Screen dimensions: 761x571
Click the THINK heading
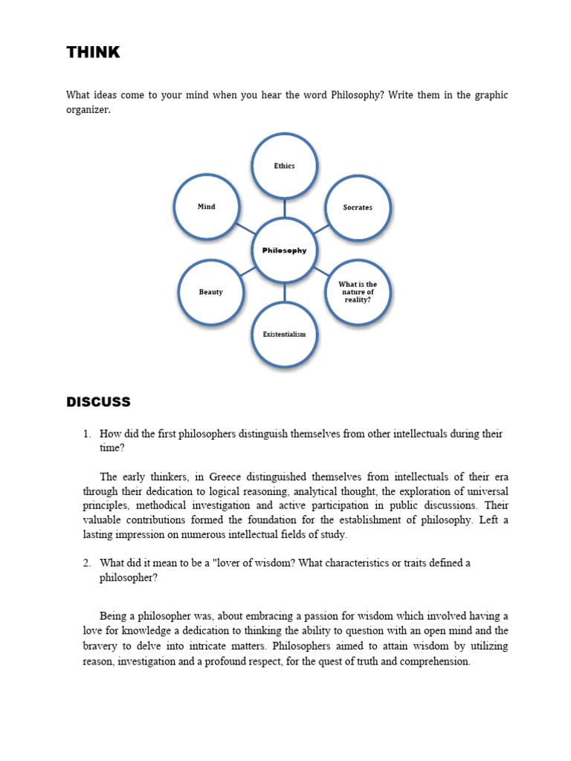click(x=93, y=52)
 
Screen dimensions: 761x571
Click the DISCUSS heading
click(x=98, y=402)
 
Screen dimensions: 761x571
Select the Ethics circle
click(x=284, y=166)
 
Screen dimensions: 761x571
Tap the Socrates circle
click(x=358, y=207)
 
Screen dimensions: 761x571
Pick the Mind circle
click(x=206, y=207)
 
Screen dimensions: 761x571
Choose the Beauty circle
click(x=210, y=292)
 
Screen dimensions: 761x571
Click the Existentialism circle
click(x=284, y=334)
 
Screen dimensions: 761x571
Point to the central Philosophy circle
click(x=284, y=250)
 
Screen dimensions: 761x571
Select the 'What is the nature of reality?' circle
click(x=358, y=292)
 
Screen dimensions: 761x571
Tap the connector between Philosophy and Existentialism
click(x=284, y=292)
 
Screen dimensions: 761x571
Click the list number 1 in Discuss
click(x=86, y=434)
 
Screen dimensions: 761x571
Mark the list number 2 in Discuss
click(x=86, y=563)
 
